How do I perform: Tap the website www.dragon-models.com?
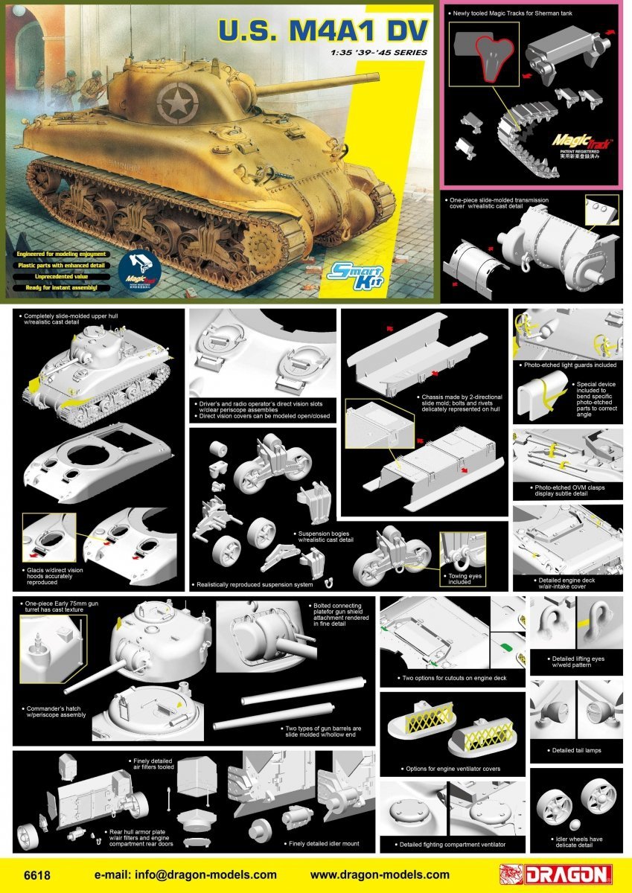coord(380,875)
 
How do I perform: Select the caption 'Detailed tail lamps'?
coord(576,750)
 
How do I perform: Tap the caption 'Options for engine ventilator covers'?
coord(451,768)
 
